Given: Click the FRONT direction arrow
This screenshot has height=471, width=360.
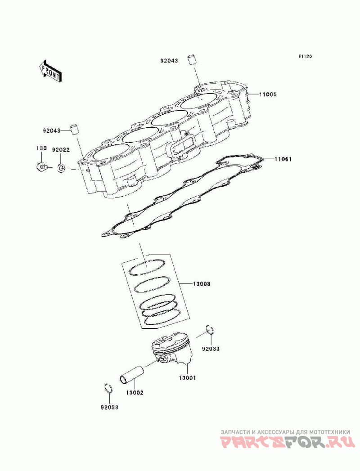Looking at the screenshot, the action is point(50,71).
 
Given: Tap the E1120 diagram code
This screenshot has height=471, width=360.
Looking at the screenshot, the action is point(305,56).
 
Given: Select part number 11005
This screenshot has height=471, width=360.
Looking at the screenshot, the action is point(268,94).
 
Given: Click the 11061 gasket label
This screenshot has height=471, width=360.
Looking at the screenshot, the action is point(283,159).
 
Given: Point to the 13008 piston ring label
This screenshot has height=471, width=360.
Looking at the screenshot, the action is point(201,283).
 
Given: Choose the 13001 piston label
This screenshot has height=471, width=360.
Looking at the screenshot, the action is point(187,378).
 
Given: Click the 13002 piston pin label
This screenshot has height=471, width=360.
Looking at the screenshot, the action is point(135,392).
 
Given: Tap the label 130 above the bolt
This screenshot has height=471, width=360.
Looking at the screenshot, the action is point(41,148).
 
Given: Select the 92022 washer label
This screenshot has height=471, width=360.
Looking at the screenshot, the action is point(61,150).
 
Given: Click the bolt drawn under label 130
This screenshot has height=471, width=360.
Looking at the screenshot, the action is point(41,166).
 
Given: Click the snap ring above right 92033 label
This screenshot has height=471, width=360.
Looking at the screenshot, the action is point(210,330).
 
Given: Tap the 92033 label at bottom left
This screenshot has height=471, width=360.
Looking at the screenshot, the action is point(109,407).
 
